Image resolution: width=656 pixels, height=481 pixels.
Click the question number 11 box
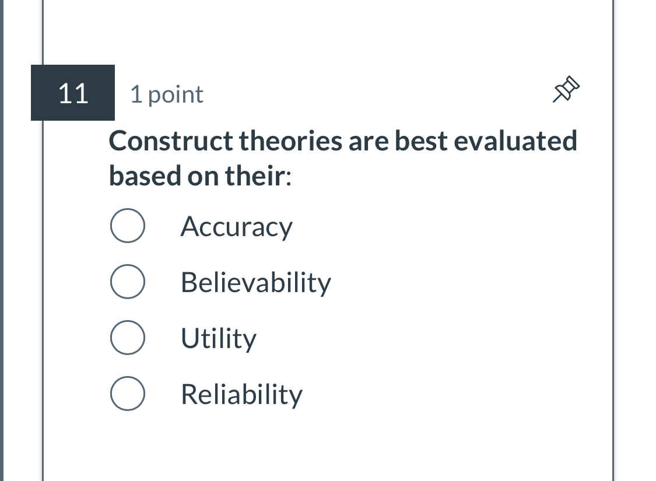point(73,93)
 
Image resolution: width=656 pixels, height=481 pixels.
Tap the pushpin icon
point(567,90)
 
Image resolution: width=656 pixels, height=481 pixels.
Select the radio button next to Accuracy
point(127,226)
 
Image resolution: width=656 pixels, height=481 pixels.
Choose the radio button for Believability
point(127,282)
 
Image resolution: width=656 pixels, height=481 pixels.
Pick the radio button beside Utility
point(127,338)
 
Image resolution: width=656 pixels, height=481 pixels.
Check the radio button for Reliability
point(127,394)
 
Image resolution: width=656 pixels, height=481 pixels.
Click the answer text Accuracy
point(236,227)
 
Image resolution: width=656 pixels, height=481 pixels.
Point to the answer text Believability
point(255,283)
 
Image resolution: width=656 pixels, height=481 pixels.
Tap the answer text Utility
point(218,339)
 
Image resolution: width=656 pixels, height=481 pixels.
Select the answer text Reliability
point(241,395)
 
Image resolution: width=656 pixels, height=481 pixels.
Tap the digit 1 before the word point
point(135,94)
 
